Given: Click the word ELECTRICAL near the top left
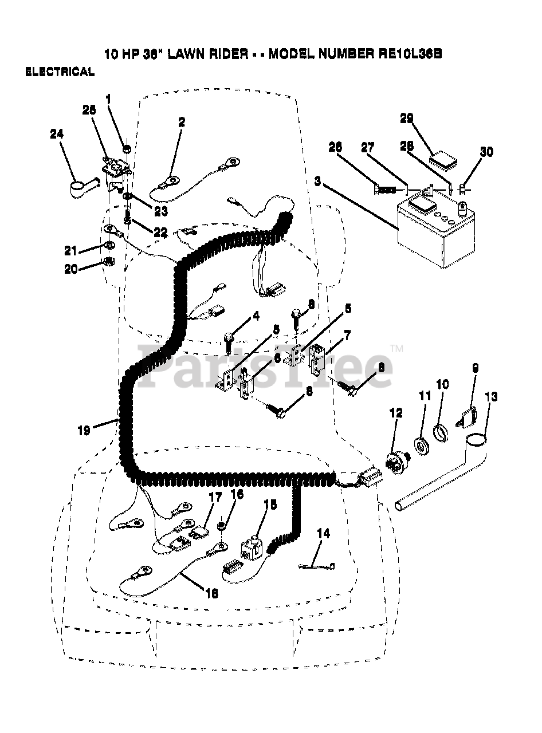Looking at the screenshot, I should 59,72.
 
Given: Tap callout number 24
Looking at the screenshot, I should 57,134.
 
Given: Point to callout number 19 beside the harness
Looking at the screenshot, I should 84,431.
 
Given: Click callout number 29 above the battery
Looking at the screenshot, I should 406,119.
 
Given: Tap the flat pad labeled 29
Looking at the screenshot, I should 445,158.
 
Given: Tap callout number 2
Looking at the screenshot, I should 182,121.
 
